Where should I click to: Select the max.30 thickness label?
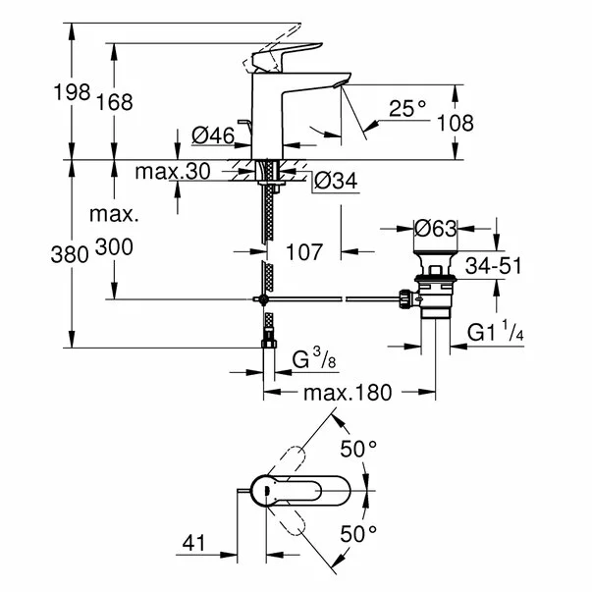pos(173,173)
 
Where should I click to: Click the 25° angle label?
pos(406,110)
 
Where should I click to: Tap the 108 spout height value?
pos(455,123)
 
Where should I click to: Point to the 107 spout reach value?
pos(304,253)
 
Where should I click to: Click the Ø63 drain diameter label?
pos(435,229)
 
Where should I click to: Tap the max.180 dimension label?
pos(347,393)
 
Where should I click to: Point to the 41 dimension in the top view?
pos(196,540)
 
